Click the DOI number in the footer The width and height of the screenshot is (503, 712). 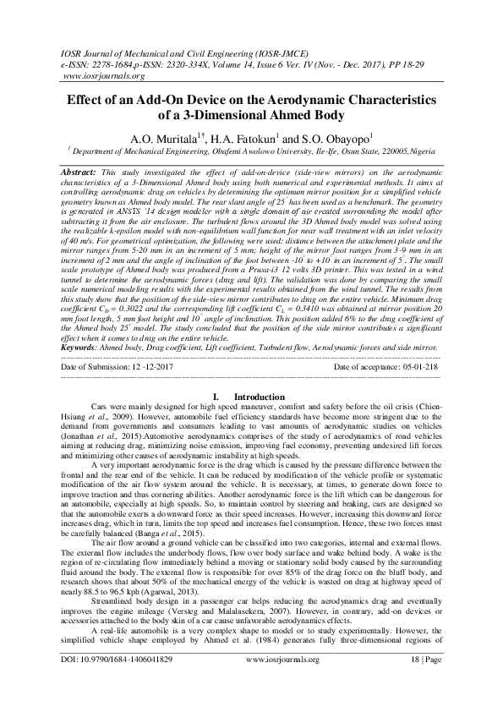coord(133,680)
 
